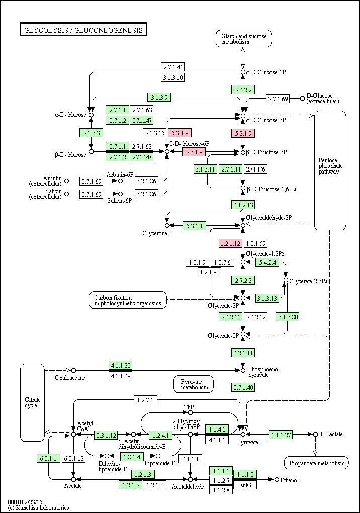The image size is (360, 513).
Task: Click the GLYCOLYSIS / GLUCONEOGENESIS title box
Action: click(83, 30)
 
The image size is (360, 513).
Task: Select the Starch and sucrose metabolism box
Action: click(244, 39)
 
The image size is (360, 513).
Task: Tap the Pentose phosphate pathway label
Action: click(329, 166)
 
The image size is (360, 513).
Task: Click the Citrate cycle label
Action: click(33, 402)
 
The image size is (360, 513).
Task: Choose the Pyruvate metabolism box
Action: click(194, 384)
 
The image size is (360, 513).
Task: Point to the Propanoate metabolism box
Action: click(317, 463)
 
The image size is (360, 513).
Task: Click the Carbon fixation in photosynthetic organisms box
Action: click(128, 300)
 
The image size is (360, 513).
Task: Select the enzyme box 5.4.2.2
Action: click(243, 90)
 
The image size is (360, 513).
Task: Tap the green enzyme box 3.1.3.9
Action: click(159, 97)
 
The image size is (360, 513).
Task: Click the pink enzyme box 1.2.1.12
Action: click(230, 243)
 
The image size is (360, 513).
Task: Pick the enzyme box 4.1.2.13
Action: click(243, 205)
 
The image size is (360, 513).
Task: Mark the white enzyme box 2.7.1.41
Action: click(173, 67)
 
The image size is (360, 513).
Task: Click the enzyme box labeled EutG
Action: click(245, 485)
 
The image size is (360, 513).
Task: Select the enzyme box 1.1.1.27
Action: click(281, 435)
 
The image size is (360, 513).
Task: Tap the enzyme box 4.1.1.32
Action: click(121, 365)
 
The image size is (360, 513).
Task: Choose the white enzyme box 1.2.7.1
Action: click(145, 400)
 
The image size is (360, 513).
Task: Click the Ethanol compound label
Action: click(290, 480)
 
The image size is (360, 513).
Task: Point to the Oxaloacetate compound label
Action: click(70, 378)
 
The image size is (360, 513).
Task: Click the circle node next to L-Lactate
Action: click(315, 434)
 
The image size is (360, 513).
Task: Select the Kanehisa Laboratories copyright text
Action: click(39, 508)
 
